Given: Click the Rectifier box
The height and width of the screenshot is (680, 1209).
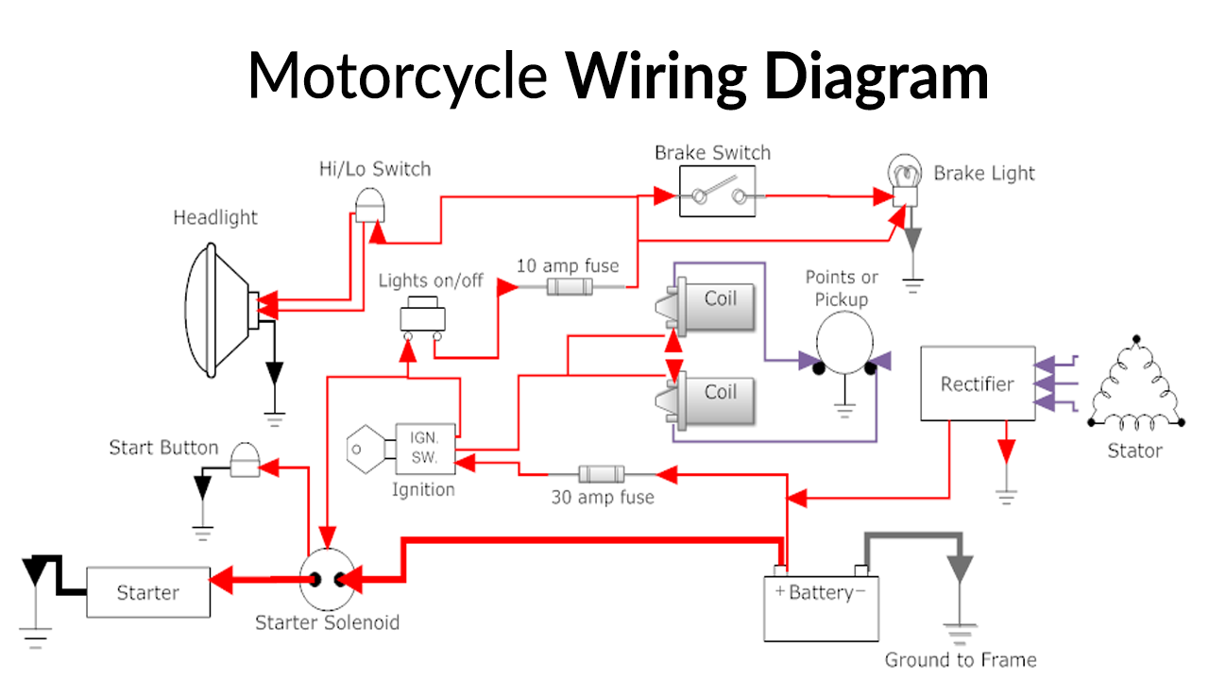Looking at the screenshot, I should click(x=977, y=383).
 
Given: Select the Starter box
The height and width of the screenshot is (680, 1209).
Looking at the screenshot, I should click(x=147, y=592).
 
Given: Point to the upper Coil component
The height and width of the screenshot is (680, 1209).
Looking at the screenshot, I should click(x=718, y=305).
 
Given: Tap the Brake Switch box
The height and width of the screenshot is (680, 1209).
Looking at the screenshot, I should click(x=718, y=195).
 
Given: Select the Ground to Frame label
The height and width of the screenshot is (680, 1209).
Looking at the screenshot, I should click(x=960, y=659).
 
